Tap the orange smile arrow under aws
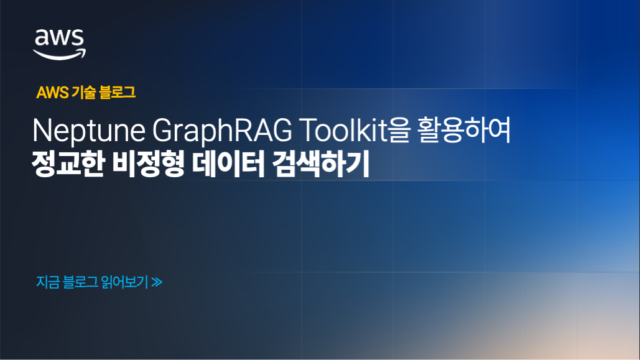pyautogui.click(x=60, y=55)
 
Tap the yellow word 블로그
pyautogui.click(x=118, y=93)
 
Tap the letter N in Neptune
pyautogui.click(x=40, y=132)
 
